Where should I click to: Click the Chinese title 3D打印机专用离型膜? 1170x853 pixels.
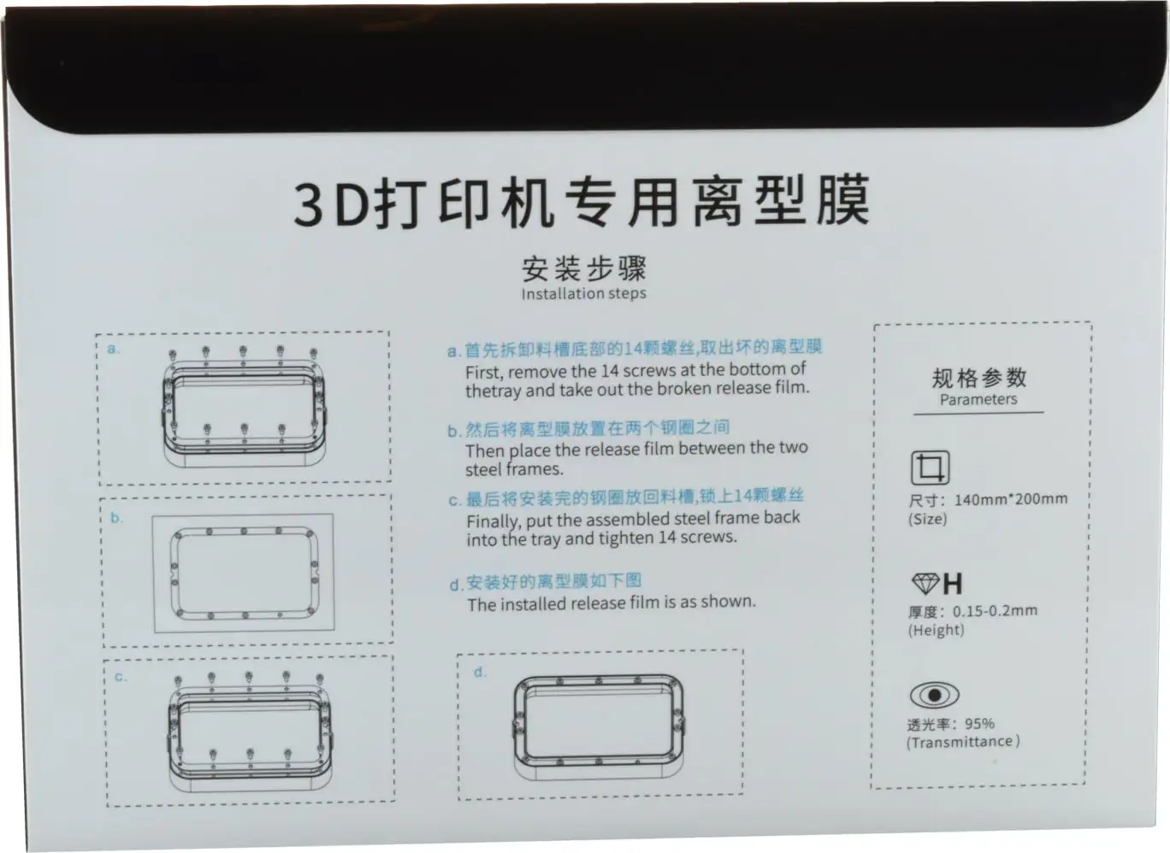[x=582, y=203]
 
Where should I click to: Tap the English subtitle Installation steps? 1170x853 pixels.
[x=583, y=293]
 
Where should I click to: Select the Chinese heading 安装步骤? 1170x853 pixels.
[x=584, y=268]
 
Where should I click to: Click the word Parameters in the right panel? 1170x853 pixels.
[x=978, y=399]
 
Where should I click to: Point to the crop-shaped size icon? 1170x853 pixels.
[x=931, y=468]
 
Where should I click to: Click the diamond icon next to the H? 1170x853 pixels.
[x=925, y=584]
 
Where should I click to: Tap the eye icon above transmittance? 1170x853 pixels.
[x=935, y=696]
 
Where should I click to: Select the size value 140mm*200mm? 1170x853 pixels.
[x=1011, y=499]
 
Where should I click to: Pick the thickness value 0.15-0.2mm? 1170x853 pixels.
[x=995, y=611]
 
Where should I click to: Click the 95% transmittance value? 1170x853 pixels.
[x=979, y=724]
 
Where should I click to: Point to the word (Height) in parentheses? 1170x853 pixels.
[x=936, y=630]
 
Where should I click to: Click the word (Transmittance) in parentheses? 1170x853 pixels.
[x=963, y=742]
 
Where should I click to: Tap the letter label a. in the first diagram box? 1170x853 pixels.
[x=114, y=349]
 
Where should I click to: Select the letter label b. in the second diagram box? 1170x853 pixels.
[x=116, y=517]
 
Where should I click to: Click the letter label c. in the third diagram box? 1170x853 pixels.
[x=120, y=677]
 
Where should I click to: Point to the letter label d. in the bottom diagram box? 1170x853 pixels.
[x=480, y=673]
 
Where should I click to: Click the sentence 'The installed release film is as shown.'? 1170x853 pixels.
[x=612, y=603]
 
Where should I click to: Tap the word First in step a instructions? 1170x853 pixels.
[x=484, y=372]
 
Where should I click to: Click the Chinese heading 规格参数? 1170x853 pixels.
[x=979, y=378]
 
